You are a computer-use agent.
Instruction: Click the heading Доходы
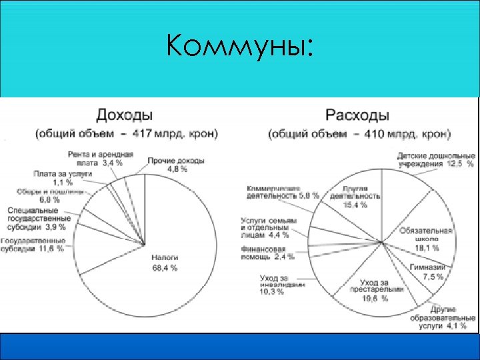pos(124,114)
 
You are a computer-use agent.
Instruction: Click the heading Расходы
pos(357,114)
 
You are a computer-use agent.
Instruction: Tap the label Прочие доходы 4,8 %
pos(176,165)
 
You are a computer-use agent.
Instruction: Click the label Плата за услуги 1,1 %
pos(66,177)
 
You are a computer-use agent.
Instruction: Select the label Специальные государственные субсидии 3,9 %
pos(37,218)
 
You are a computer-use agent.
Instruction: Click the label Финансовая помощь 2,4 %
pos(268,253)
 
